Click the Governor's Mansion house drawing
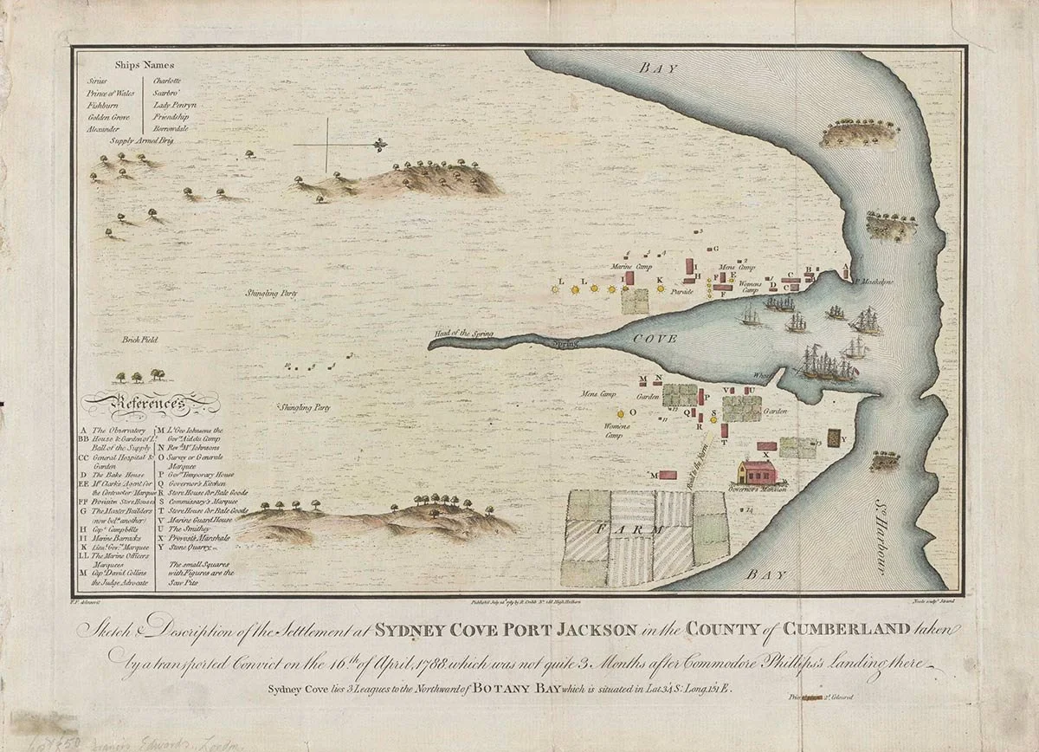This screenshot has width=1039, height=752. coord(756,473)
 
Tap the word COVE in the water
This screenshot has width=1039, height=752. coord(649,339)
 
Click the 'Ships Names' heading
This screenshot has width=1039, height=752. coord(144,64)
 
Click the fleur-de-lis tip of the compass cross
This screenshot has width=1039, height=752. coord(379,144)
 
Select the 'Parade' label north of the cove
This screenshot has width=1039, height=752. coord(682,292)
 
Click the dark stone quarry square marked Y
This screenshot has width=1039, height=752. coord(834,438)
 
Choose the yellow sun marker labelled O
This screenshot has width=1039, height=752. coord(620,413)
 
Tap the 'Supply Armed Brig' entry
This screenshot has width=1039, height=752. coord(142,139)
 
